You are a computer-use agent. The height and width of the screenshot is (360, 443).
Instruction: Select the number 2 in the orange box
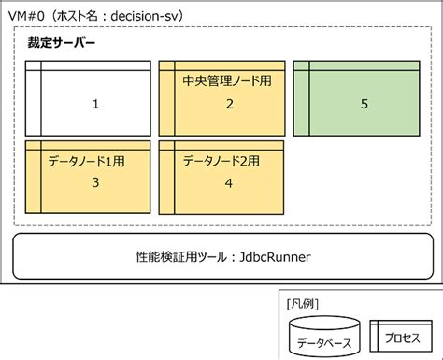point(229,104)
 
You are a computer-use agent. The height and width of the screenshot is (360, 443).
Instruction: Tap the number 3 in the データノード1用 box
point(95,182)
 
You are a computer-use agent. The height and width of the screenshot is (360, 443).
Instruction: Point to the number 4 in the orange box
point(229,182)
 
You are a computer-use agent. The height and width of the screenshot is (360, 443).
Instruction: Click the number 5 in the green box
point(364,104)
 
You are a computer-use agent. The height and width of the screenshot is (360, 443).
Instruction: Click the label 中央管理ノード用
point(227,81)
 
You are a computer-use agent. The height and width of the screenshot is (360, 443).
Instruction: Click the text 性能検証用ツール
point(179,255)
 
